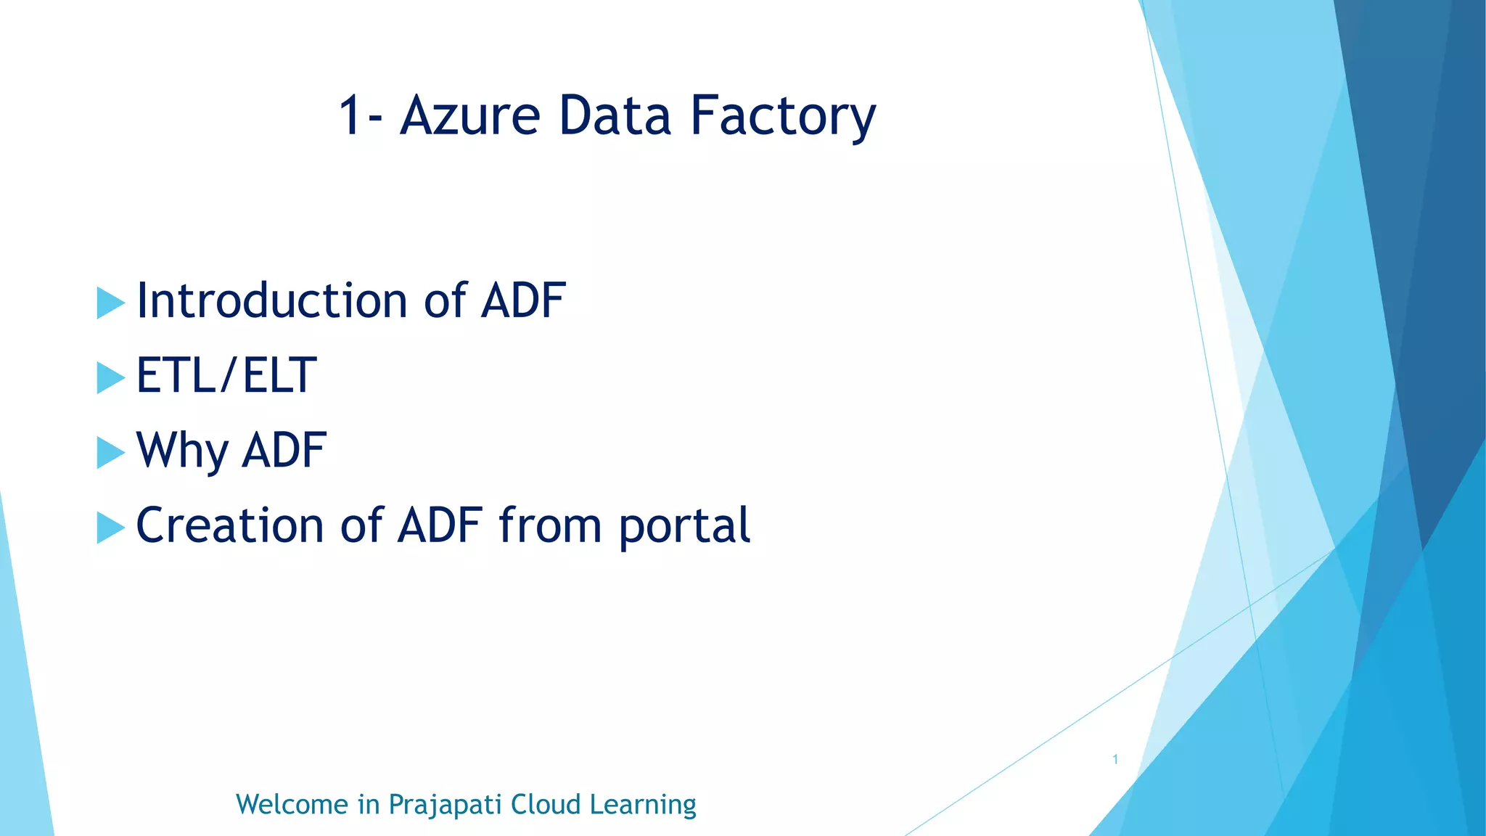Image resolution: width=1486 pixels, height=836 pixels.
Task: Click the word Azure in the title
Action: click(x=470, y=115)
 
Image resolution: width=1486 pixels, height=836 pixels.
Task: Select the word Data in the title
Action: click(x=615, y=115)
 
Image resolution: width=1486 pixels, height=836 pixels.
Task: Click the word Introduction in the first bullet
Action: click(x=271, y=300)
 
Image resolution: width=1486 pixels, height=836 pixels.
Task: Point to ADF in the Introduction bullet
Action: click(x=522, y=300)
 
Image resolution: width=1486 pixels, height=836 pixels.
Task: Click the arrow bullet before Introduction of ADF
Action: click(x=110, y=303)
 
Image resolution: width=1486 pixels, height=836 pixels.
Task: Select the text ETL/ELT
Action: click(x=226, y=376)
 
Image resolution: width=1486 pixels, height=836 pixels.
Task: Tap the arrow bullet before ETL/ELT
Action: click(x=110, y=378)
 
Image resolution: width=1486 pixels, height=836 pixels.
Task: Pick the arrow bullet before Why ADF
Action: click(x=110, y=453)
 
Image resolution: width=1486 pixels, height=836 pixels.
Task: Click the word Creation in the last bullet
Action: click(x=229, y=525)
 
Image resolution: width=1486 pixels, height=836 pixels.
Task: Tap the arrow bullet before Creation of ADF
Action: click(x=110, y=528)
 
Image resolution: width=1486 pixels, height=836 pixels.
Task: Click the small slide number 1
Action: click(x=1115, y=760)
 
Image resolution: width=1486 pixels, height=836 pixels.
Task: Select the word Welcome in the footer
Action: click(x=292, y=805)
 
